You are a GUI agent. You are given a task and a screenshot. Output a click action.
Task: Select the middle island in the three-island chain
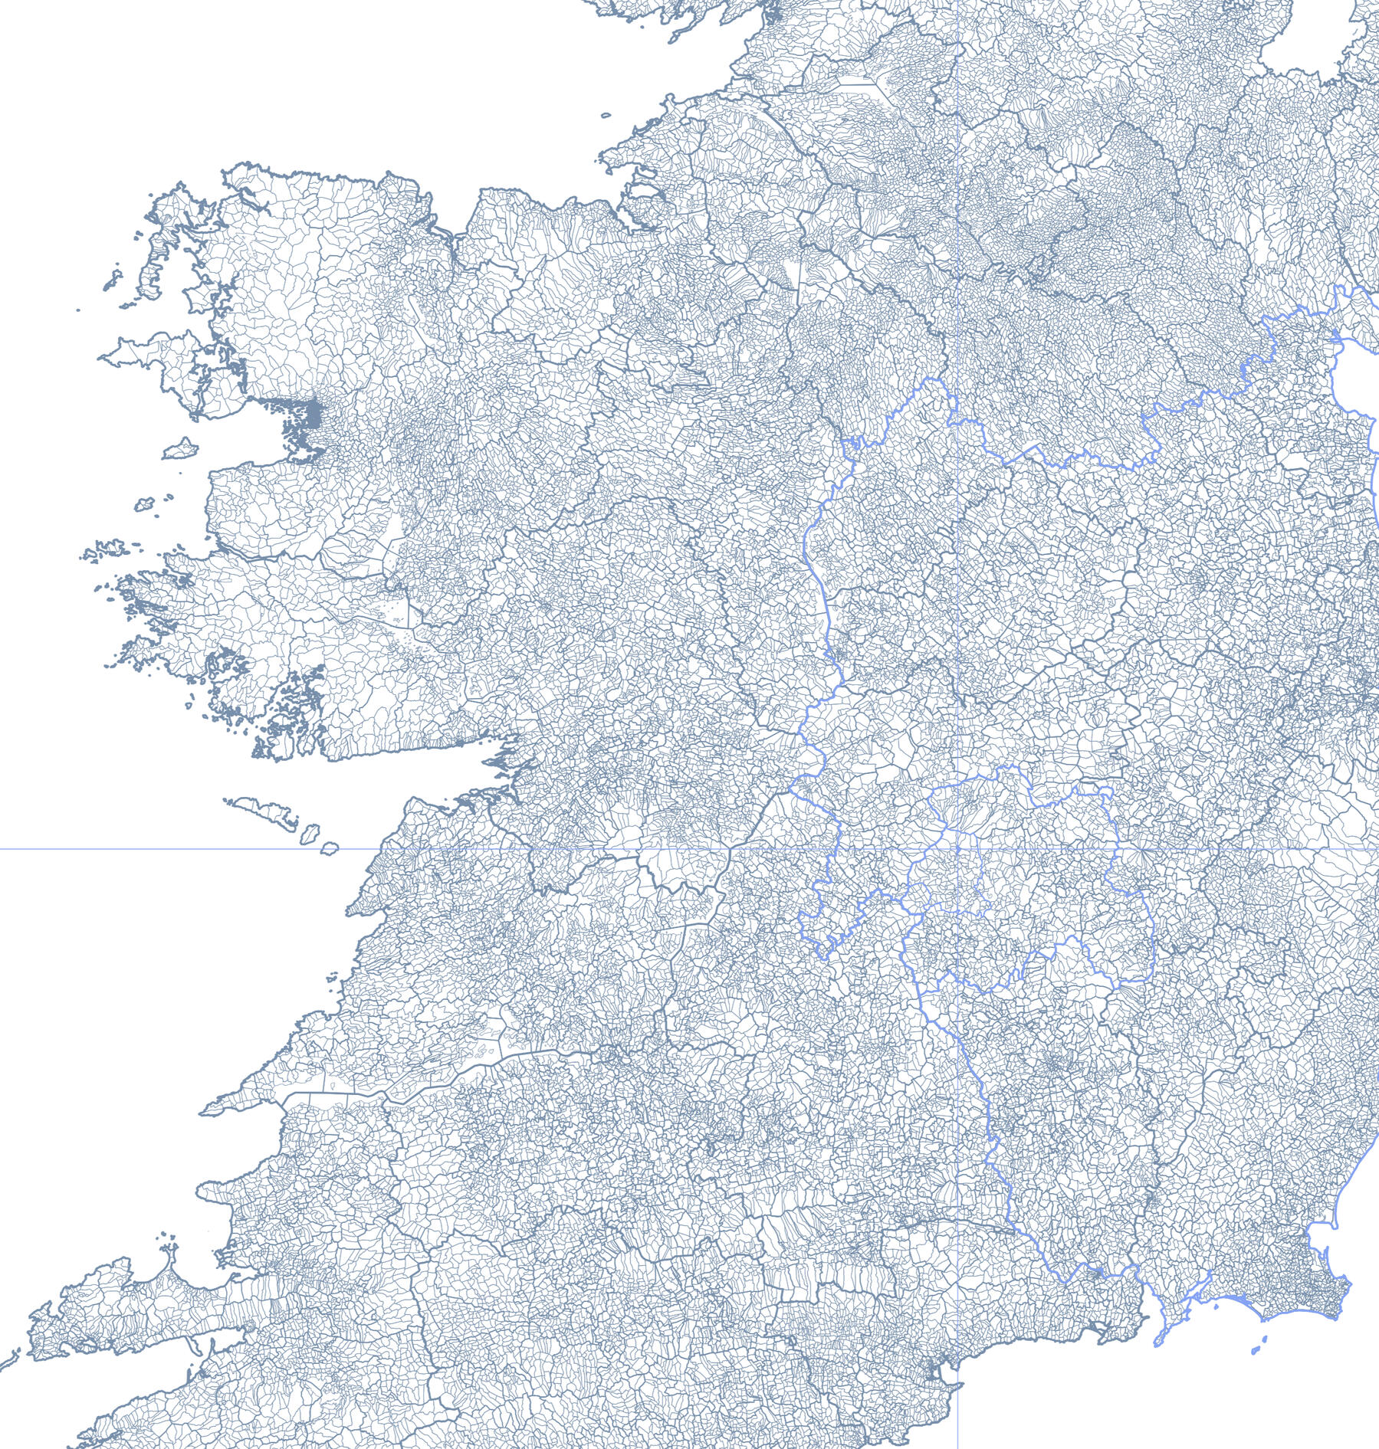pyautogui.click(x=310, y=832)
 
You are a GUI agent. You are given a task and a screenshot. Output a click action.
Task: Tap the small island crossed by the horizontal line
pyautogui.click(x=330, y=848)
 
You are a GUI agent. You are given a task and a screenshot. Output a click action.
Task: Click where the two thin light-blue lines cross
pyautogui.click(x=958, y=849)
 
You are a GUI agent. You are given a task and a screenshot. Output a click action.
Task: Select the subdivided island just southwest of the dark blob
pyautogui.click(x=180, y=449)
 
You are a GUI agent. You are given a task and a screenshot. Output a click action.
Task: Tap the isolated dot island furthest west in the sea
pyautogui.click(x=78, y=310)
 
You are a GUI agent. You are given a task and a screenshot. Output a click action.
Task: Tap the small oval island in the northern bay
pyautogui.click(x=606, y=116)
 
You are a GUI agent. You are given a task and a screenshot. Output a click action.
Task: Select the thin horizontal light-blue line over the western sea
pyautogui.click(x=153, y=849)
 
